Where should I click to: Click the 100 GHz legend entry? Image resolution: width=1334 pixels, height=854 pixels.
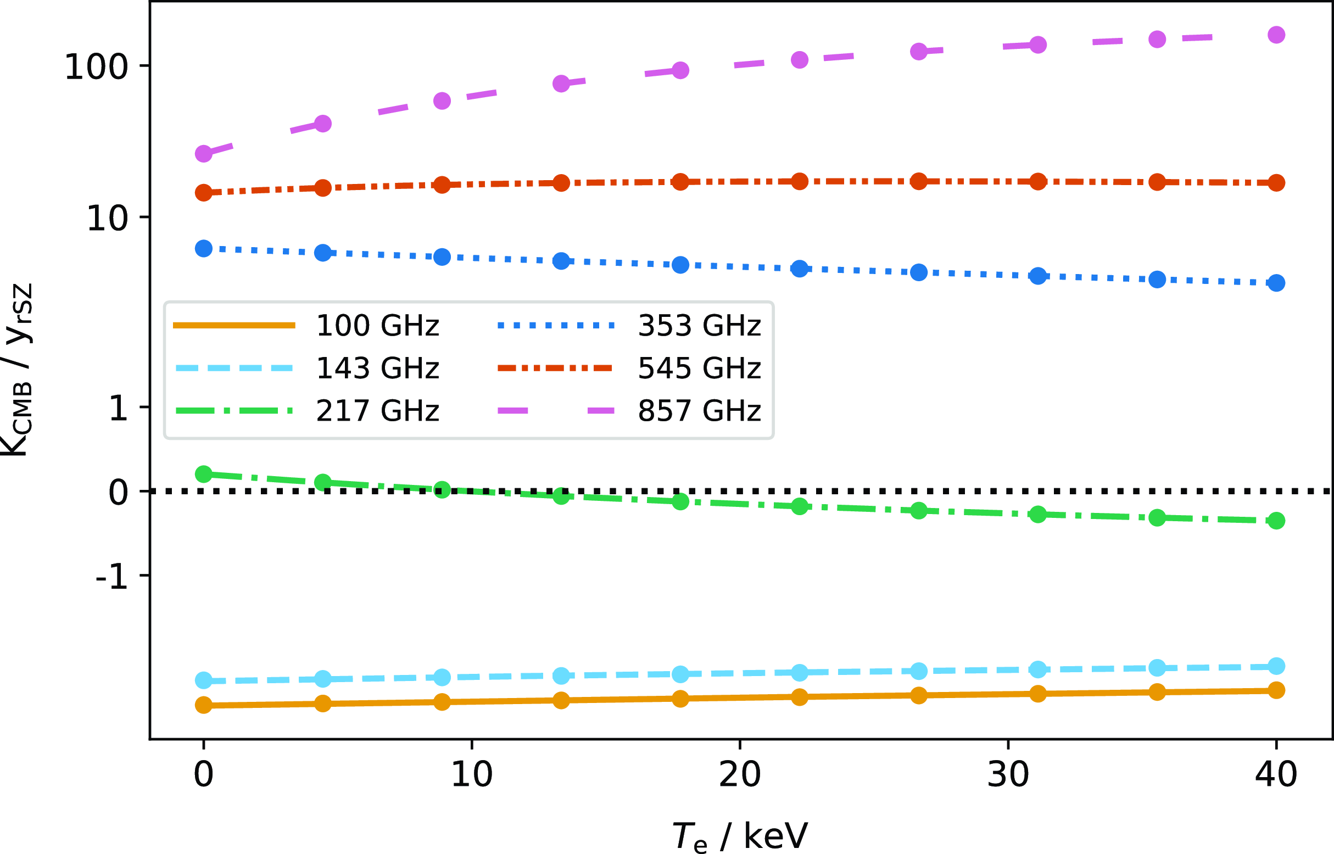(x=377, y=326)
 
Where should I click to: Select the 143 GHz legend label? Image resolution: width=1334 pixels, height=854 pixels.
(x=377, y=368)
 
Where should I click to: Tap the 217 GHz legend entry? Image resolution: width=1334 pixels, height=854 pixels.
(x=377, y=411)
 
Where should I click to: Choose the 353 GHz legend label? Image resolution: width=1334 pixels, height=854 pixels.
(x=699, y=326)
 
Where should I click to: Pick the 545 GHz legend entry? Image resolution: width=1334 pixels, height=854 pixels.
(x=699, y=368)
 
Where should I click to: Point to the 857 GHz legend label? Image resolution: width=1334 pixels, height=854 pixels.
(x=699, y=411)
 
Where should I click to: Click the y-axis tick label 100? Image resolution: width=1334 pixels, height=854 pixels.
(x=97, y=67)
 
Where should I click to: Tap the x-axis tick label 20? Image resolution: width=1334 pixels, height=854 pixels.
(x=740, y=775)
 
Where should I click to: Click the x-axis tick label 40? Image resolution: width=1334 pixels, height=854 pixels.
(x=1276, y=775)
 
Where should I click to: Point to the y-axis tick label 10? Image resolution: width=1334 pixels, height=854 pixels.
(x=107, y=219)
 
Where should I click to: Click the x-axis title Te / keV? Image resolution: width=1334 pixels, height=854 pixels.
(x=740, y=836)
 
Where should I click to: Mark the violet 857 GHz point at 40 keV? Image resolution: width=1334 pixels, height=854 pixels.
(x=1276, y=35)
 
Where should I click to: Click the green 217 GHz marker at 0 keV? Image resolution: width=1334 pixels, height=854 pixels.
(x=204, y=474)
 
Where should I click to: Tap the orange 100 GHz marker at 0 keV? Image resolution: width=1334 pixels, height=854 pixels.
(x=204, y=705)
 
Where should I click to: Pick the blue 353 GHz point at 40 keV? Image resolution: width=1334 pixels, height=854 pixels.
(x=1276, y=283)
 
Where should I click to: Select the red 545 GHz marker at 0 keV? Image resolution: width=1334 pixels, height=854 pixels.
(x=204, y=192)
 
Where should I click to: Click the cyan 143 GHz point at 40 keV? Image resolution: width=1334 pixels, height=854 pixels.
(x=1276, y=666)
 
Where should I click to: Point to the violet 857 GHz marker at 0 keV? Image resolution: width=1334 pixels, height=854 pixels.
(x=204, y=154)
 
